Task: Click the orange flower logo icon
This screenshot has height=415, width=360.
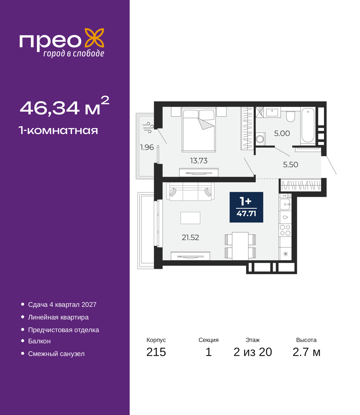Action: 94,38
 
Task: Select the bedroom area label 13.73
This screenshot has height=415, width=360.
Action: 199,161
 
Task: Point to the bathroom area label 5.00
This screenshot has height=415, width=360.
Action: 282,133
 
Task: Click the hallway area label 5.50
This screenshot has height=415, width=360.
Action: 290,165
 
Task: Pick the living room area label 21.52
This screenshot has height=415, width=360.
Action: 190,237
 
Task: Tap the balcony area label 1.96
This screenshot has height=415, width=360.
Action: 147,147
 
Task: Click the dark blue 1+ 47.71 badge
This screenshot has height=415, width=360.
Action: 246,207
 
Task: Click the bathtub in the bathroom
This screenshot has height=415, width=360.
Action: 308,126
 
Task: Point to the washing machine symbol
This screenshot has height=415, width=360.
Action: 260,139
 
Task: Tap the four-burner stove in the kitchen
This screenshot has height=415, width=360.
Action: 285,230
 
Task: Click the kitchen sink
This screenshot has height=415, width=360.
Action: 285,204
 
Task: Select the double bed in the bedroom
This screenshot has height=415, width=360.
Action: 199,129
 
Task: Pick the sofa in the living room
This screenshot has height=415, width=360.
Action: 190,191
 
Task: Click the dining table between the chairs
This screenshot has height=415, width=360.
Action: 240,246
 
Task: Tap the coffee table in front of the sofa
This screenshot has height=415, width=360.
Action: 190,218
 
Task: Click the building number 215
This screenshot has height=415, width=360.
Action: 156,352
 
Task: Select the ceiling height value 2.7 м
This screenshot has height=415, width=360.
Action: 306,352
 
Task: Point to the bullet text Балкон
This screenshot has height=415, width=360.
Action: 39,341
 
